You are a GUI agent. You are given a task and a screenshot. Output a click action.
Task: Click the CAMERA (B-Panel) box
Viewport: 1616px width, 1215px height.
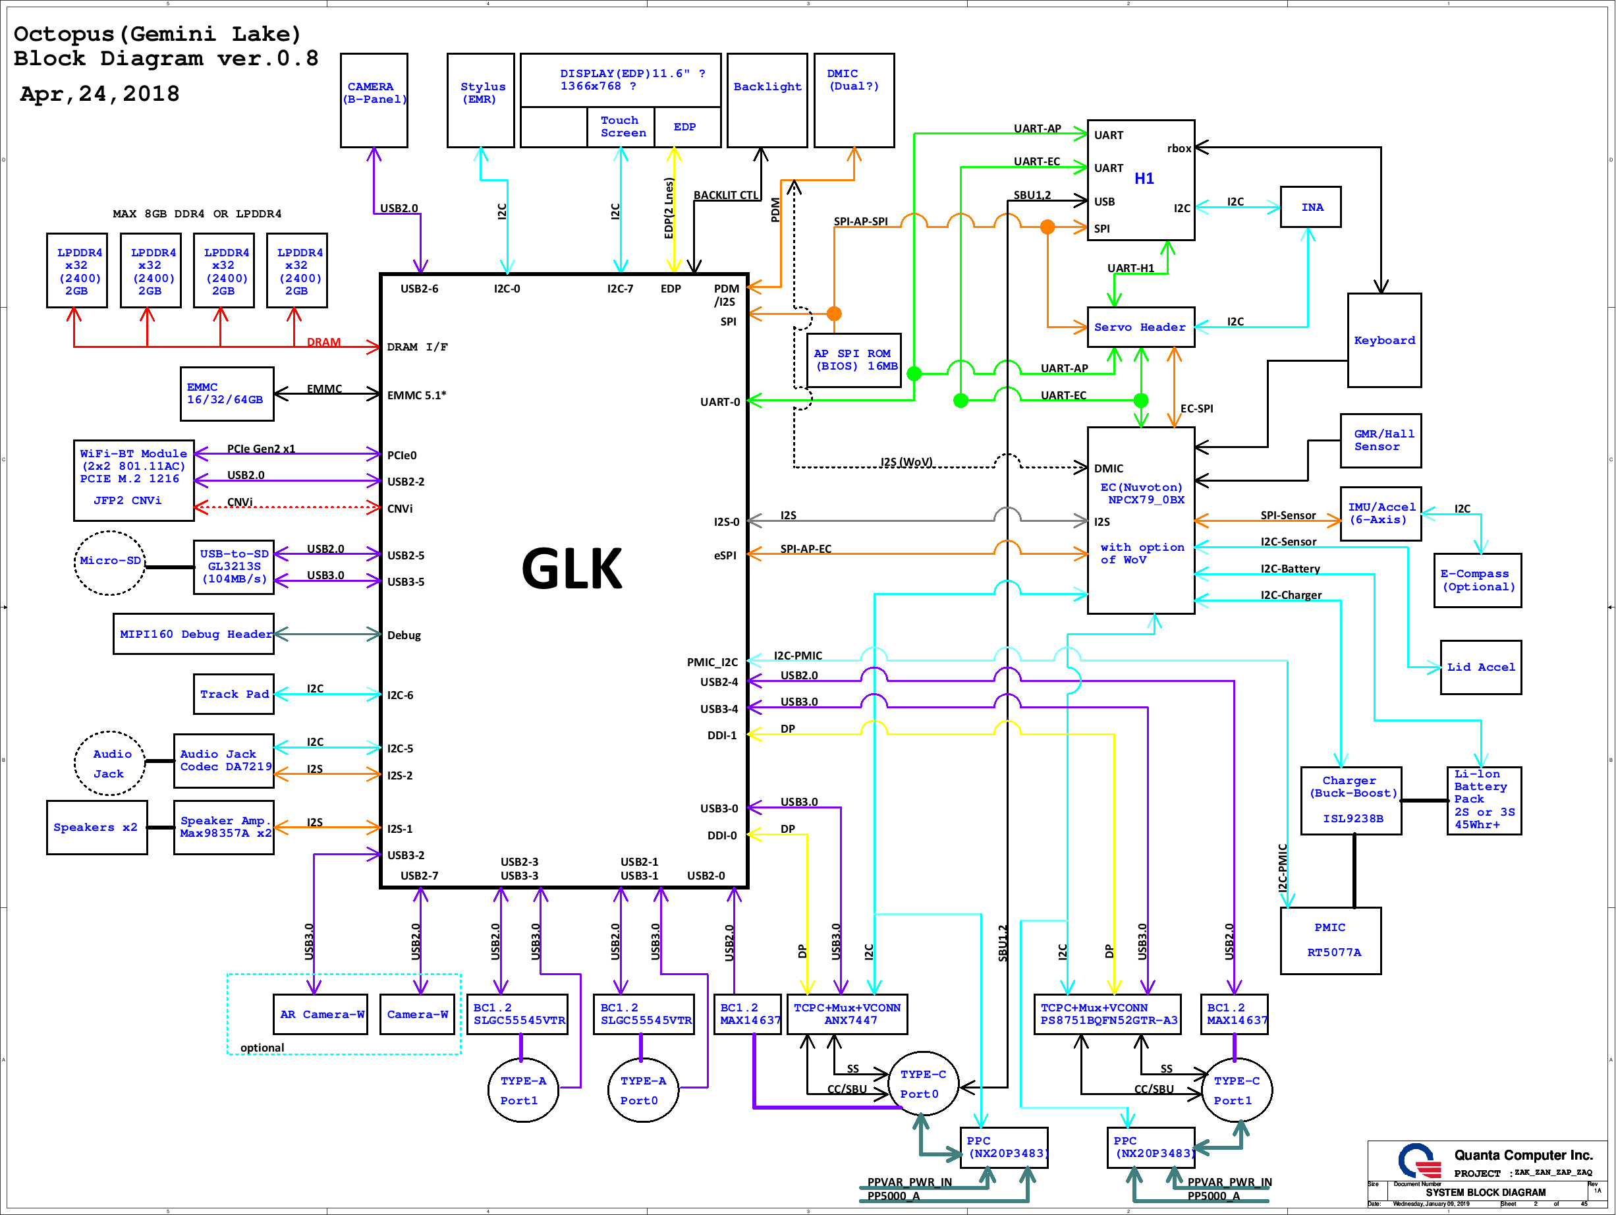tap(374, 100)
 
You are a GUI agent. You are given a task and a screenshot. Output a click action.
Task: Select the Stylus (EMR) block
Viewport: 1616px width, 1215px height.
tap(480, 100)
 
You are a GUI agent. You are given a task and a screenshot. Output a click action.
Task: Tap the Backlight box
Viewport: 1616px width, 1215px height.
tap(767, 100)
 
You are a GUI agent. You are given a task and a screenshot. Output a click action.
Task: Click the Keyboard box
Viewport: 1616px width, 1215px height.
tap(1383, 341)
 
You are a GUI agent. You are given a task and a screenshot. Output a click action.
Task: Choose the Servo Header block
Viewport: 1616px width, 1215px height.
tap(1140, 327)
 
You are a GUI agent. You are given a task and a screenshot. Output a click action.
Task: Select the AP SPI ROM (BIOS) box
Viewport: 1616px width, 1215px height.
tap(853, 360)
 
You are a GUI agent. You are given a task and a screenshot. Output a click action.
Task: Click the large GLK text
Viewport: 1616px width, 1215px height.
tap(571, 569)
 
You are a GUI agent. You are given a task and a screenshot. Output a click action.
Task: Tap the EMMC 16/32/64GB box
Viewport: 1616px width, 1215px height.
tap(227, 394)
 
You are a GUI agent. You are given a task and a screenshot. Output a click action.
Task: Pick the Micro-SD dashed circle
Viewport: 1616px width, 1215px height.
tap(109, 562)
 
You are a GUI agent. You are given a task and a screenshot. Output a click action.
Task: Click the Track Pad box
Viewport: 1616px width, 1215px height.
tap(234, 694)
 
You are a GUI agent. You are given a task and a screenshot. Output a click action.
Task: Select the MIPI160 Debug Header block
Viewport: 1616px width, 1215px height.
tap(194, 634)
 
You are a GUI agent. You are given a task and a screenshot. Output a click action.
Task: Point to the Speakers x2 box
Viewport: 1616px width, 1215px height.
tap(96, 827)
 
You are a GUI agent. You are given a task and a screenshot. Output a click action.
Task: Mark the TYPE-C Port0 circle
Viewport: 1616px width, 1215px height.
tap(924, 1085)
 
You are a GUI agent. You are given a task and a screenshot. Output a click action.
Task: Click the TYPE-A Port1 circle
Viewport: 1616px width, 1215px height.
tap(522, 1090)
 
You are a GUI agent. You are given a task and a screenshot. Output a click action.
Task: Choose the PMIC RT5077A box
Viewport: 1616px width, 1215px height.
tap(1330, 940)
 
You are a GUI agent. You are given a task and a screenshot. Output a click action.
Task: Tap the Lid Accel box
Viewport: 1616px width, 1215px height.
tap(1480, 667)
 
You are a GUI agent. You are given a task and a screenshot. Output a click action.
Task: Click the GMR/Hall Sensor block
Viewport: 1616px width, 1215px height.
tap(1380, 441)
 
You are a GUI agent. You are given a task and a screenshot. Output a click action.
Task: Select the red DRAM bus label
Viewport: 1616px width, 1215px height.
tap(323, 342)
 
